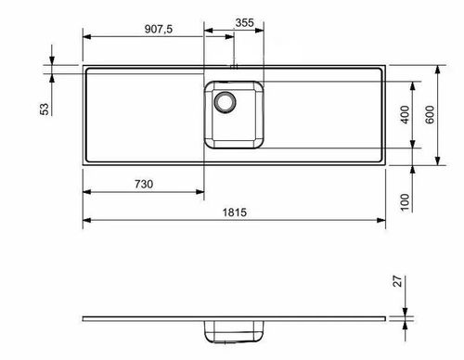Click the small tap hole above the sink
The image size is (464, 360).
(234, 66)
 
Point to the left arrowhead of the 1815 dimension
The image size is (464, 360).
(86, 222)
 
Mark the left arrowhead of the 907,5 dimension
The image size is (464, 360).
(86, 34)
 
